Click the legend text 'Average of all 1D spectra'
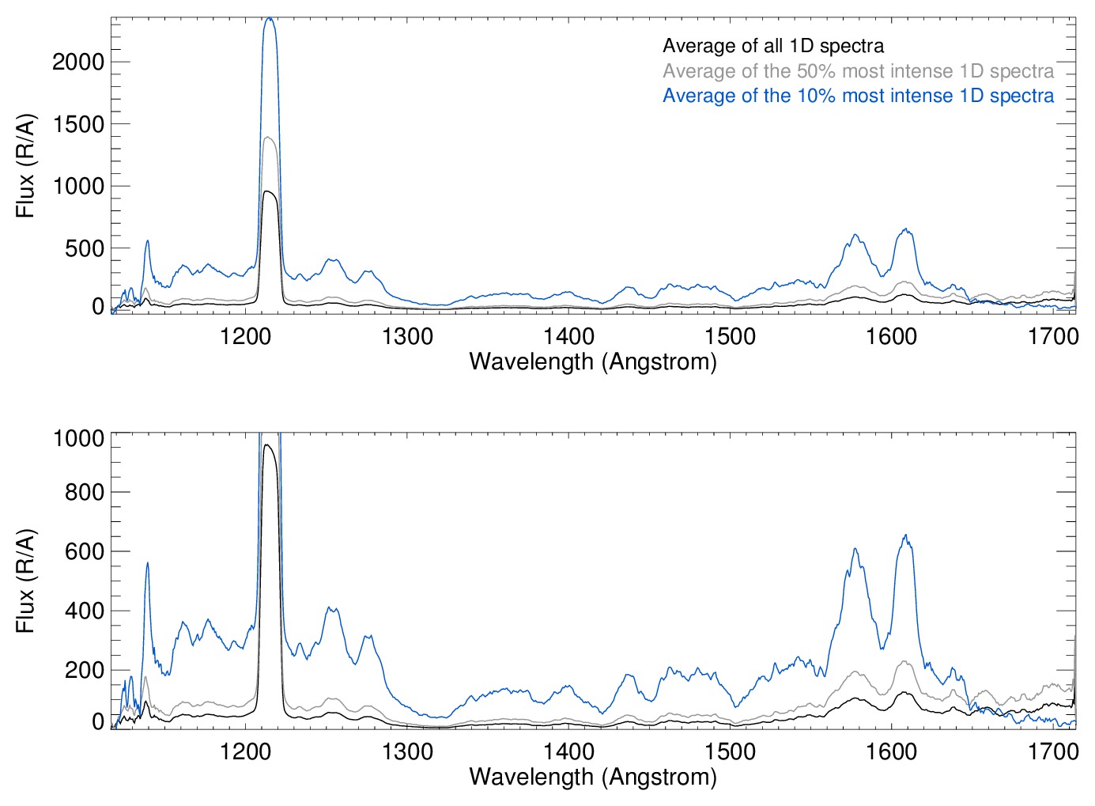tap(772, 46)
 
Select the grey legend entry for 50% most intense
tap(858, 71)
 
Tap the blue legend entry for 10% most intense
tap(858, 96)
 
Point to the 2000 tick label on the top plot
tap(78, 62)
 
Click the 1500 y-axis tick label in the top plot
tap(78, 124)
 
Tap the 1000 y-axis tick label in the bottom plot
tap(78, 438)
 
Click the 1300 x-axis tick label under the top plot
tap(407, 336)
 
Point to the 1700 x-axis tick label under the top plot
tap(1052, 336)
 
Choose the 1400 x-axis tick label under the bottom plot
tap(568, 751)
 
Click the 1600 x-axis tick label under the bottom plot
tap(891, 751)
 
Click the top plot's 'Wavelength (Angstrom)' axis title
tap(593, 361)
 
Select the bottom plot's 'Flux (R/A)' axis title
tap(25, 581)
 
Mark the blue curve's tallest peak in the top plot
tap(270, 19)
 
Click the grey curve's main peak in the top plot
tap(270, 138)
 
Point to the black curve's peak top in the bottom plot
tap(268, 445)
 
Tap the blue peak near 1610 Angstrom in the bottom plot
tap(905, 536)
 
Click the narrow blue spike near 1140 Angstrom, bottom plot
tap(147, 563)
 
